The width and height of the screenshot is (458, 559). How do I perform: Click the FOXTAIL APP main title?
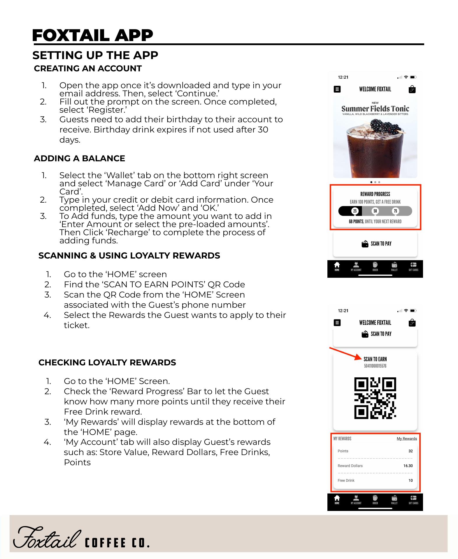tap(92, 36)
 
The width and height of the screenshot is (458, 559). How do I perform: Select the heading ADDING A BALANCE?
tap(79, 158)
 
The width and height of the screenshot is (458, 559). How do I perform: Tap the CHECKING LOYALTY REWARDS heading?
tap(107, 362)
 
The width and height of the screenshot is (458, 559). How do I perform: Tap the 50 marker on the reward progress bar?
tap(375, 211)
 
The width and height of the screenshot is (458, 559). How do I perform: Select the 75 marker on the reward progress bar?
tap(395, 211)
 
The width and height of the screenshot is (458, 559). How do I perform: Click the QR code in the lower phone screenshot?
tap(375, 398)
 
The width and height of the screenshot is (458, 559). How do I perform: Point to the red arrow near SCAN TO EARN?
tap(345, 353)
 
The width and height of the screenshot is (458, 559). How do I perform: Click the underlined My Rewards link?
tap(407, 439)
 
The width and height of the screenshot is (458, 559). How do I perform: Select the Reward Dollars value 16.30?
tap(408, 466)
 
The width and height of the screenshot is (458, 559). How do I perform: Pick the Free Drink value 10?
tap(410, 480)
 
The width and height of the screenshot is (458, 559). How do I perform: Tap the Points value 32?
tap(410, 451)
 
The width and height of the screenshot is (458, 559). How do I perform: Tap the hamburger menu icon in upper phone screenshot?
tap(337, 89)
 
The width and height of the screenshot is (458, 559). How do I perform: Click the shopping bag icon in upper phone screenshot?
tap(412, 89)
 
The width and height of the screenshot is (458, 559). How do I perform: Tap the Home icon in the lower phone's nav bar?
tap(337, 499)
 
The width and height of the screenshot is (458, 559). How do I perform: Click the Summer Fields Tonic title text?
tap(375, 109)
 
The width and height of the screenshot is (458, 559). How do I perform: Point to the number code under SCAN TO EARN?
tap(375, 366)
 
